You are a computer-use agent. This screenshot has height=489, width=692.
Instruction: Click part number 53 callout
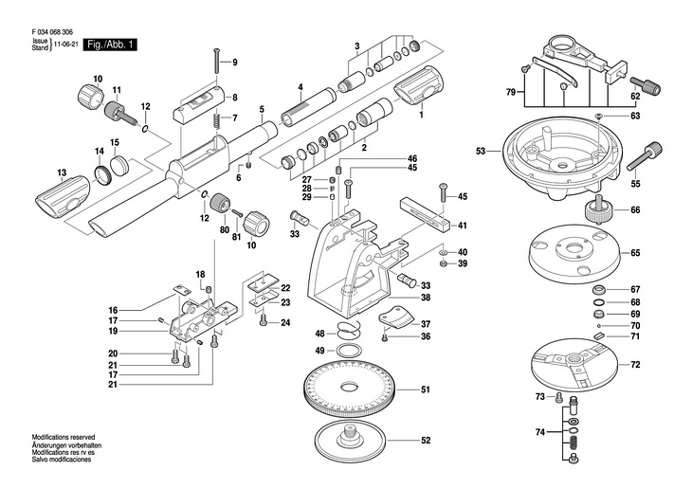[x=481, y=151]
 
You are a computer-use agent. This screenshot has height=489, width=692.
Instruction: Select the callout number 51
[x=426, y=389]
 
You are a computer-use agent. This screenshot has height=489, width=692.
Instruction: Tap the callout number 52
[x=426, y=440]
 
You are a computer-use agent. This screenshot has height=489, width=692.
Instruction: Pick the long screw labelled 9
[x=217, y=60]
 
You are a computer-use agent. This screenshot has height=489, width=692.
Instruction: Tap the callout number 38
[x=426, y=298]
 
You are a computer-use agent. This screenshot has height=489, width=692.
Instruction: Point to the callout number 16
[x=112, y=311]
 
